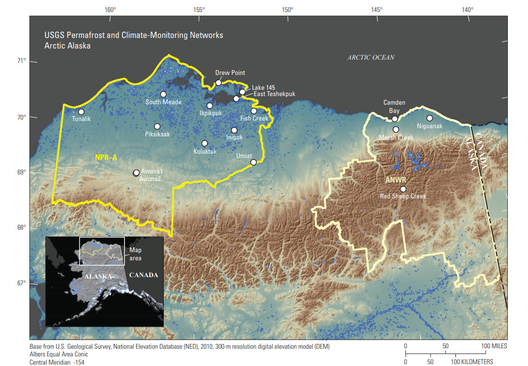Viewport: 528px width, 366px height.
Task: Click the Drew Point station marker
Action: (x=219, y=83)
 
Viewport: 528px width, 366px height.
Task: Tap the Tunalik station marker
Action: (x=81, y=112)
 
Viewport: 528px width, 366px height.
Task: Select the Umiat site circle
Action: (x=254, y=162)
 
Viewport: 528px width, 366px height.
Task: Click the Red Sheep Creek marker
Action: (x=403, y=189)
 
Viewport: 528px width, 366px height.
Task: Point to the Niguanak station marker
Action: (x=430, y=118)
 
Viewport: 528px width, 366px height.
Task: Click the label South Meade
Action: (x=163, y=102)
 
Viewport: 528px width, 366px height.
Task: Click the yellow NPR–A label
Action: (x=106, y=157)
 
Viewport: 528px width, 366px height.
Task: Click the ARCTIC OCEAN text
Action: (x=371, y=57)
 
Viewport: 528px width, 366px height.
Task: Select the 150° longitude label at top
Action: (x=287, y=9)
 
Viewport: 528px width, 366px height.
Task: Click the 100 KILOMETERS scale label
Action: (x=471, y=362)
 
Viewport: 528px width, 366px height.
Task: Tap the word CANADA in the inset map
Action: (x=143, y=275)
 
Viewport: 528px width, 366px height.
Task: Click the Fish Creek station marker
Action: (x=254, y=111)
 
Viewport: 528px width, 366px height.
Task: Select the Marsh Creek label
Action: (x=396, y=138)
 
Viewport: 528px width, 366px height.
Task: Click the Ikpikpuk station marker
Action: (x=209, y=106)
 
